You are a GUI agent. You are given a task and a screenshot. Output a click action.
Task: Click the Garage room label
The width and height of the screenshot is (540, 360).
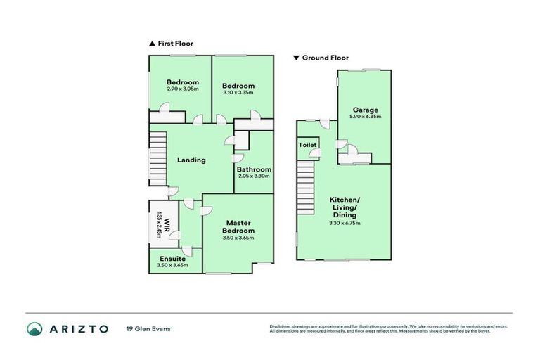366,110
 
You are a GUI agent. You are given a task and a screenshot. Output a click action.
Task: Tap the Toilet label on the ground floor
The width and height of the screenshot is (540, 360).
307,145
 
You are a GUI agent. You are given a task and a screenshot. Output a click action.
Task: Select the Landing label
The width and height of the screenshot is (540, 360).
191,160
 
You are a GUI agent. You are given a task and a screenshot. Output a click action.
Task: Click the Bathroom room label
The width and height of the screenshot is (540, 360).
254,169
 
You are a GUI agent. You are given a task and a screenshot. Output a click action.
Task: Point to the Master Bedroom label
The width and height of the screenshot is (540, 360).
238,227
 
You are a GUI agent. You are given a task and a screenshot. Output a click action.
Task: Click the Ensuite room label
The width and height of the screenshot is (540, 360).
172,258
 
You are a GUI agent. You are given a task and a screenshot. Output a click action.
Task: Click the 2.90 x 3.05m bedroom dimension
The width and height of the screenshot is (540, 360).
182,89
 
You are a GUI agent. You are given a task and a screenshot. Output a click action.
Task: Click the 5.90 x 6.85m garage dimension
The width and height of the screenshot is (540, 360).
366,117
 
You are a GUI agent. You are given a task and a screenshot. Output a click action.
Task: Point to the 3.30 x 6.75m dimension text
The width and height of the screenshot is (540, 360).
345,224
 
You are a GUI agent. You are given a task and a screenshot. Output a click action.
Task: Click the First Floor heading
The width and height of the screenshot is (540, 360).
175,44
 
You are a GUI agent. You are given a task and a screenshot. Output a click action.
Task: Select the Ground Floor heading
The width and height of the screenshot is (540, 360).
326,58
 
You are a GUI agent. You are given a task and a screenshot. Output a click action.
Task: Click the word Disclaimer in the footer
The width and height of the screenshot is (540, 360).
281,326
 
